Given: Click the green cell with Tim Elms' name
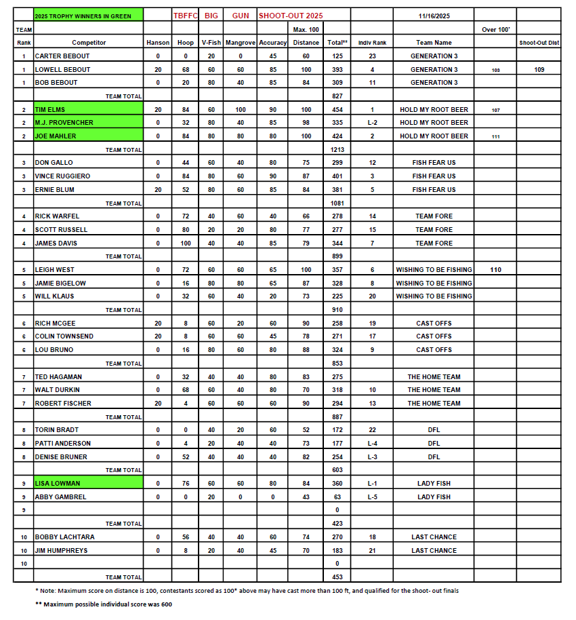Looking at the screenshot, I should (x=88, y=109).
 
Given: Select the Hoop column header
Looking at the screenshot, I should (x=185, y=43).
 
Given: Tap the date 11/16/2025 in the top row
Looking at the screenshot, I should (x=434, y=14).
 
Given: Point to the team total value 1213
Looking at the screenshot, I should (x=336, y=149).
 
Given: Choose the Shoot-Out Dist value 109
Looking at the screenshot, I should (x=539, y=69).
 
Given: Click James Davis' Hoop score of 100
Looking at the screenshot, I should (x=185, y=243).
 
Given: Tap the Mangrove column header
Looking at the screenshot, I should (x=241, y=43).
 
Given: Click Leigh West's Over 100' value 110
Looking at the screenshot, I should (x=495, y=269).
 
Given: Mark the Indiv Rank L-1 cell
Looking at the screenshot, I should (x=372, y=483).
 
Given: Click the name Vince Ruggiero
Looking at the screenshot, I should (x=62, y=176).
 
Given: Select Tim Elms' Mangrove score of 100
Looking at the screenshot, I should (x=241, y=109).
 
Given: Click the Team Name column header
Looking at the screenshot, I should (x=434, y=43).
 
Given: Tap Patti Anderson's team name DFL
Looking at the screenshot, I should (x=434, y=443).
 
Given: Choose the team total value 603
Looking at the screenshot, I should (x=336, y=469).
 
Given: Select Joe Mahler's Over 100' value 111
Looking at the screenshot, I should (x=495, y=136).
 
